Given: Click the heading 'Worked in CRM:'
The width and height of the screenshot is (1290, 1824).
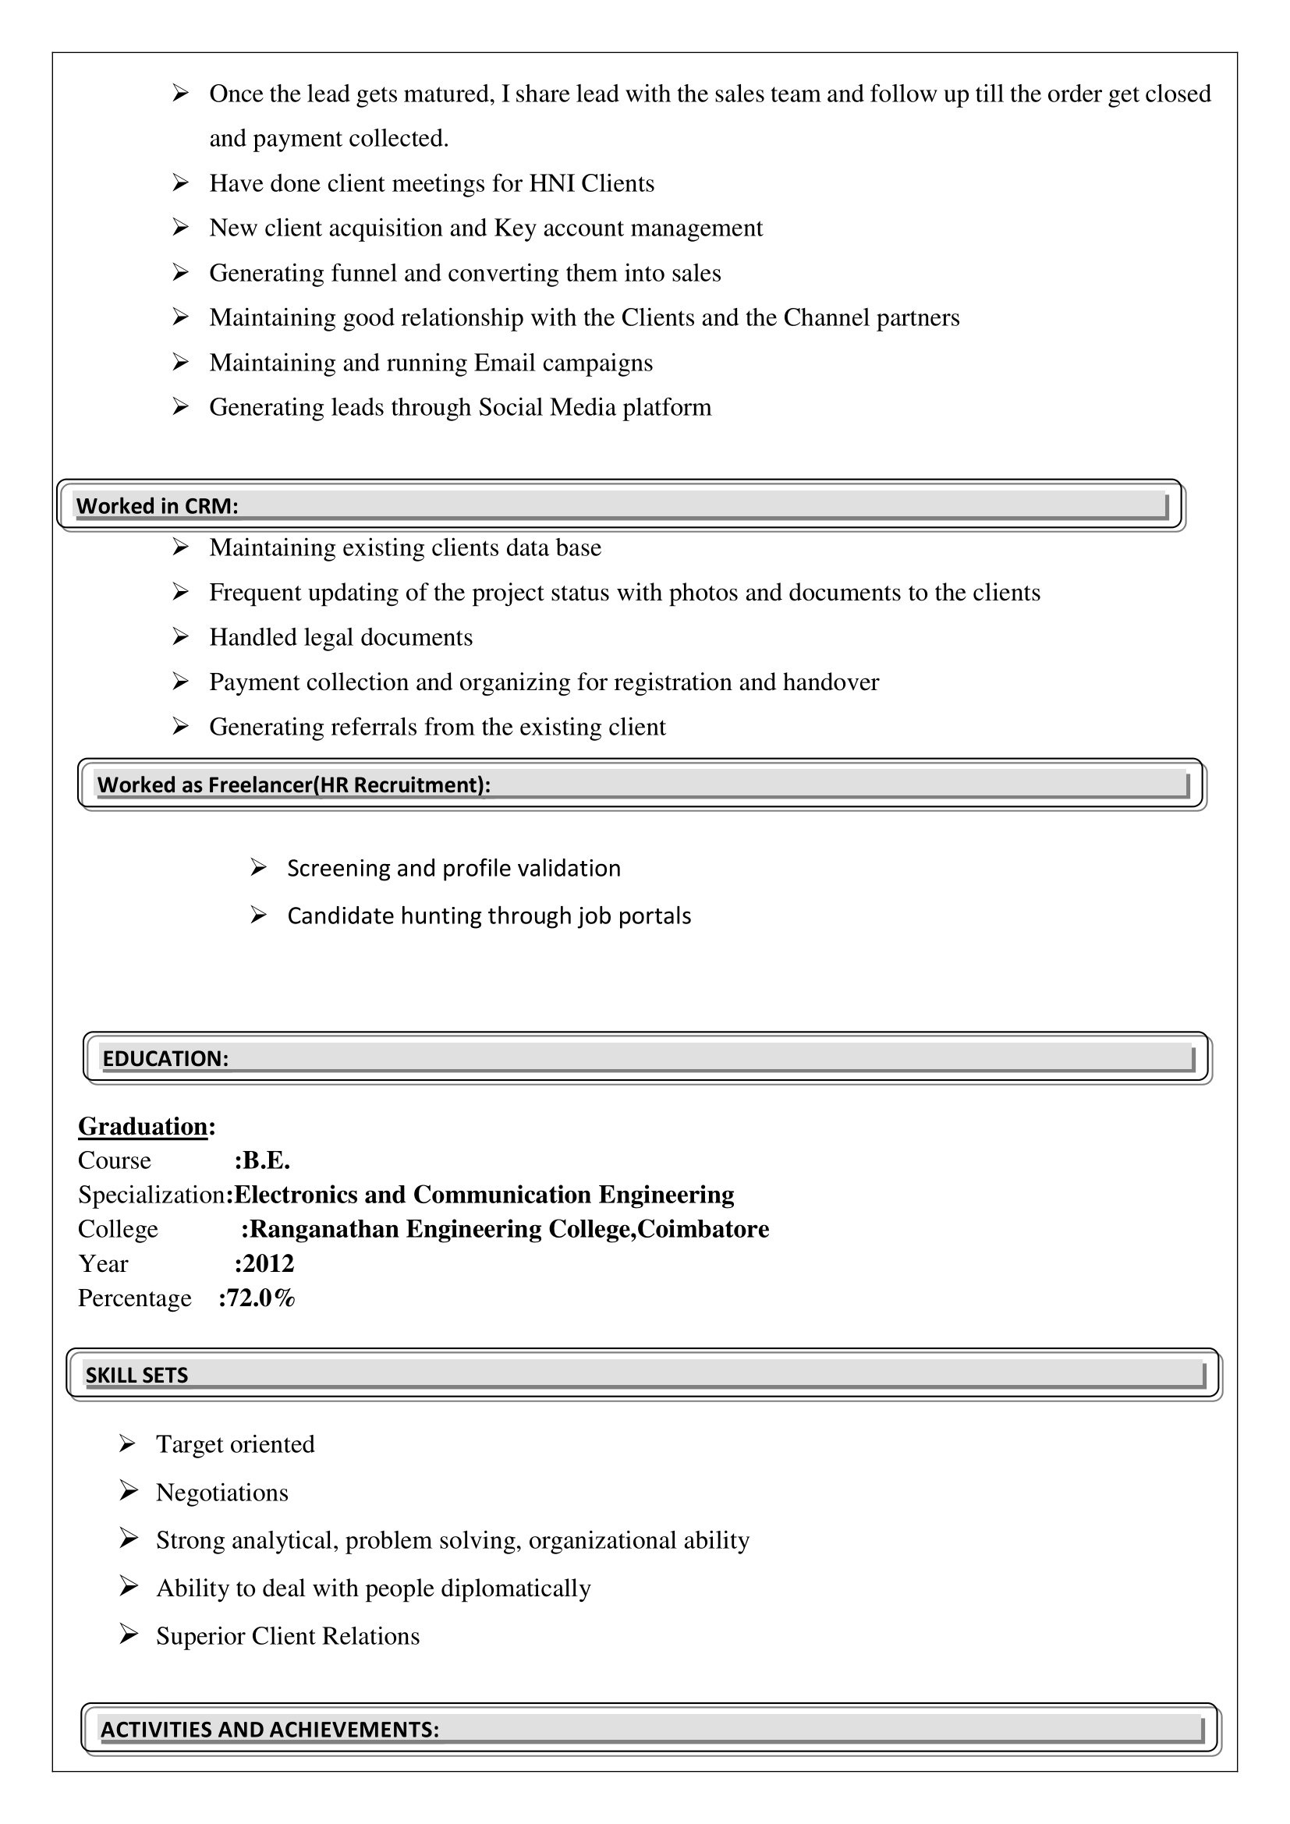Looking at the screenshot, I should click(x=158, y=506).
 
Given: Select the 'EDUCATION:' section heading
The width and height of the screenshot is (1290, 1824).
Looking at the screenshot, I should click(x=165, y=1058).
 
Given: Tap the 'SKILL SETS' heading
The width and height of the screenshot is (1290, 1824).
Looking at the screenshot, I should click(x=136, y=1375).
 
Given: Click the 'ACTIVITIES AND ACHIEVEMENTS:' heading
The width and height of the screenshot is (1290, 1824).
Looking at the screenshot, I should click(x=269, y=1730).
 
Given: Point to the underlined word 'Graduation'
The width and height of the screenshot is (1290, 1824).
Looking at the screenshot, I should click(x=143, y=1127).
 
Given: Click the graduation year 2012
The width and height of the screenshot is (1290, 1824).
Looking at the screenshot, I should click(x=268, y=1263).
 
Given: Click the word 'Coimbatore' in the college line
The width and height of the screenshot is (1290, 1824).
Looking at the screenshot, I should click(x=703, y=1229).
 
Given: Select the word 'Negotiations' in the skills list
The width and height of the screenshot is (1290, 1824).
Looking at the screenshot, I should click(x=221, y=1493).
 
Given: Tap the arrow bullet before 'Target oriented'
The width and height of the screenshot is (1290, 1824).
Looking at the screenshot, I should click(x=128, y=1443).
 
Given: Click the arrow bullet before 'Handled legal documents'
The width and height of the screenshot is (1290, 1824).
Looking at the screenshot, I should click(x=180, y=636).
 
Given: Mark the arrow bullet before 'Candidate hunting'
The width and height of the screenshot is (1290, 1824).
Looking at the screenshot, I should click(x=258, y=916).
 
